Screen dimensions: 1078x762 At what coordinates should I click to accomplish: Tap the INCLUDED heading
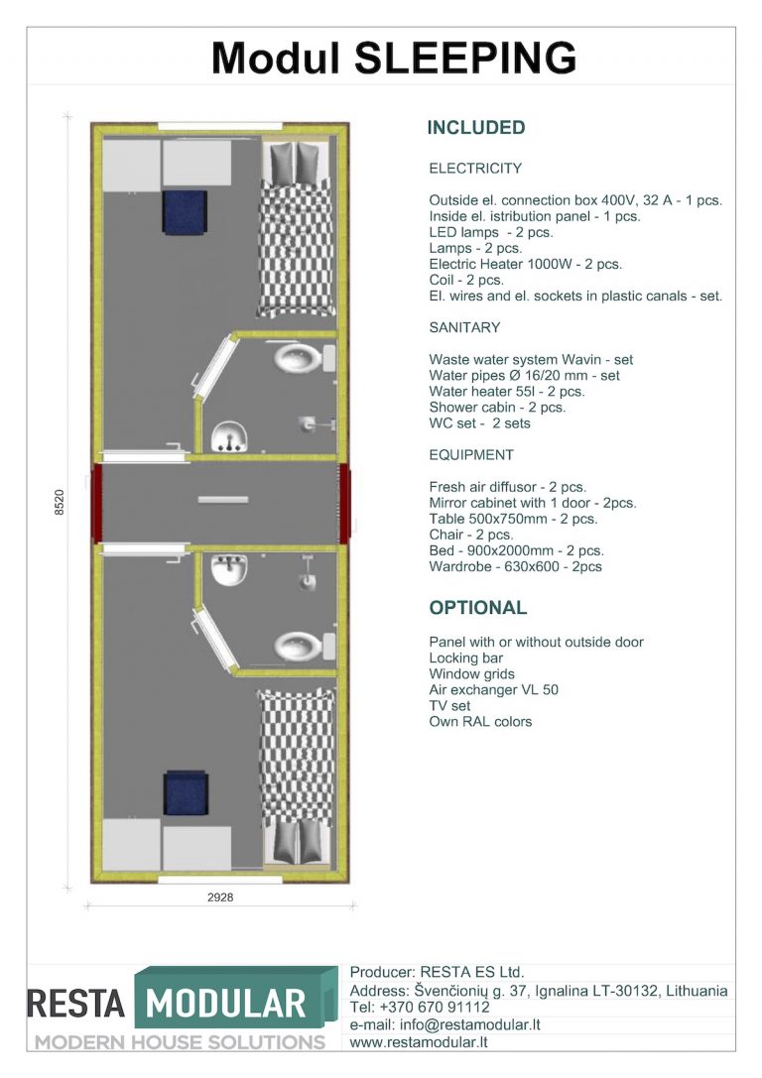pyautogui.click(x=475, y=128)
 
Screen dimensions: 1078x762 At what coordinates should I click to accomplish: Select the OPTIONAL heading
pyautogui.click(x=477, y=608)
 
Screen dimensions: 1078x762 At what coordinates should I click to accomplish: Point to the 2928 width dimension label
pyautogui.click(x=220, y=897)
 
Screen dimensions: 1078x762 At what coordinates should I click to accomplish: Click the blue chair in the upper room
pyautogui.click(x=186, y=210)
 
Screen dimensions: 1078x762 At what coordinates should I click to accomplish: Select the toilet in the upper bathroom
pyautogui.click(x=299, y=357)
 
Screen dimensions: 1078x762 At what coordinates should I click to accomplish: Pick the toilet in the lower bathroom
pyautogui.click(x=299, y=646)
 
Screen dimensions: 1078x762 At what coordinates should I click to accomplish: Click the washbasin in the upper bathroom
pyautogui.click(x=230, y=435)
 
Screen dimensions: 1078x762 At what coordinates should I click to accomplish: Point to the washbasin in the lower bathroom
pyautogui.click(x=230, y=570)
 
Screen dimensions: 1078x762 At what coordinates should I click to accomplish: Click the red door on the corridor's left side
pyautogui.click(x=97, y=503)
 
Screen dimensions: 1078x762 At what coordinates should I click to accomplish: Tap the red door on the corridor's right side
pyautogui.click(x=344, y=503)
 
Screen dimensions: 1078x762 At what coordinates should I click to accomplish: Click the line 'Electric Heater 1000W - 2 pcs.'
pyautogui.click(x=525, y=265)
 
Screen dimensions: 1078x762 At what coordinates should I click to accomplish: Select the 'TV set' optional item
pyautogui.click(x=449, y=706)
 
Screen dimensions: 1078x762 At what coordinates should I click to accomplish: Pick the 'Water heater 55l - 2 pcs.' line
pyautogui.click(x=506, y=392)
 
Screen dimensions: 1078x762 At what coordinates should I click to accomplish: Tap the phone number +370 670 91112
pyautogui.click(x=436, y=1008)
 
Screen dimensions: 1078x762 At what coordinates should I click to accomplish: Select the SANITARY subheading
pyautogui.click(x=464, y=327)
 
